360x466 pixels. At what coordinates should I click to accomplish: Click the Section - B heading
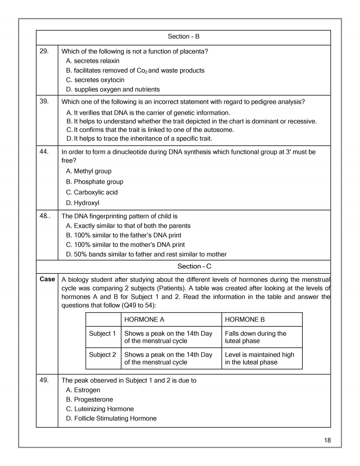pos(183,37)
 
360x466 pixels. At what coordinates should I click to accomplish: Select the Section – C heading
pos(194,266)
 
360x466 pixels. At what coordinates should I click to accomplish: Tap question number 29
pos(44,51)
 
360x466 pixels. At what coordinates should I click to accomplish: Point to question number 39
pos(44,101)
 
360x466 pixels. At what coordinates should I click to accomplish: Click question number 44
pos(44,152)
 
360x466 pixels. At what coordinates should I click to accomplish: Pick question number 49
pos(44,380)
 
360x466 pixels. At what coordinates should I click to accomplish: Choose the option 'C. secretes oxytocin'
pos(95,80)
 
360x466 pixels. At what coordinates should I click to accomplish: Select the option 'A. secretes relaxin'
pos(93,61)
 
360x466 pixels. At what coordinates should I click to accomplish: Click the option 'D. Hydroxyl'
pos(83,203)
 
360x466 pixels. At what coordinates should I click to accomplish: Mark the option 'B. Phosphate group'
pos(95,182)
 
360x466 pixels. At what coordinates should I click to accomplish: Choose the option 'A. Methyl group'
pos(89,171)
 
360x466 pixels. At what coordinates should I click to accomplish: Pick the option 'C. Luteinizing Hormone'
pos(100,409)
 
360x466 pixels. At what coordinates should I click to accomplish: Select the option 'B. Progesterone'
pos(90,400)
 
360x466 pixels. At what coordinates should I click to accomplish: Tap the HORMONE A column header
pos(144,320)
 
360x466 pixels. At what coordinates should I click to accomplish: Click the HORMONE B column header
pos(245,320)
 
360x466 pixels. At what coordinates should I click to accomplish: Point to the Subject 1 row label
pos(102,334)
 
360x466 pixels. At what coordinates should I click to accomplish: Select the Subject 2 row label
pos(102,355)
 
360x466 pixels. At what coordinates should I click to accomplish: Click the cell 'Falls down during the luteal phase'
pos(256,337)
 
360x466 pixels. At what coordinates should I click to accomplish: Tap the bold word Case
pos(47,279)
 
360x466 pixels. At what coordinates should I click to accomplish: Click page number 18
pos(327,440)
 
